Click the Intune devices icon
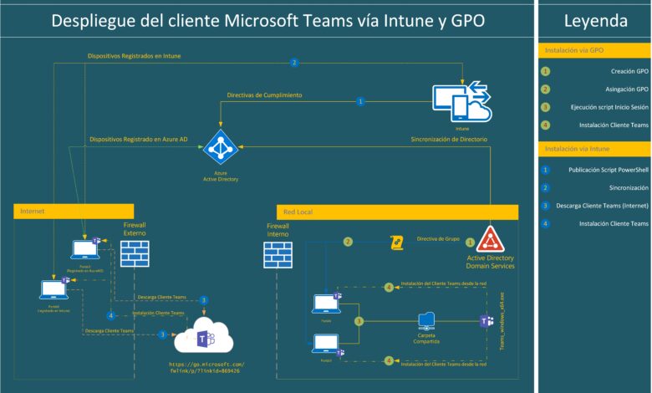point(461,102)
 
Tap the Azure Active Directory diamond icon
point(221,147)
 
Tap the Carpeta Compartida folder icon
point(427,320)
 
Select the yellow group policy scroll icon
point(398,242)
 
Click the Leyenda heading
point(595,21)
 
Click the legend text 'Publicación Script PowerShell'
point(602,170)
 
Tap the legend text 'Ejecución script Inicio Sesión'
point(598,107)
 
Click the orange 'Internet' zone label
point(33,212)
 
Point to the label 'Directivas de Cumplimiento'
point(264,95)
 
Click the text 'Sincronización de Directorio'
point(449,139)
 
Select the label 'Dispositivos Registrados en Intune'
point(134,56)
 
